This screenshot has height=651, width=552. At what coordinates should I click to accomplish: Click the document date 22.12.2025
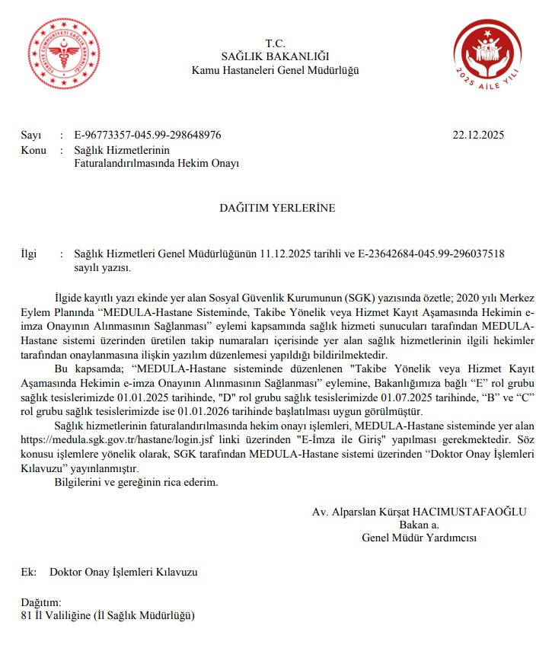[478, 136]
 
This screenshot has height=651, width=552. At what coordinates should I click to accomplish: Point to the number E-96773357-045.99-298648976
[148, 136]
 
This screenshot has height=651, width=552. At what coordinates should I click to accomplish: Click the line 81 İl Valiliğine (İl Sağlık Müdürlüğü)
[109, 614]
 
